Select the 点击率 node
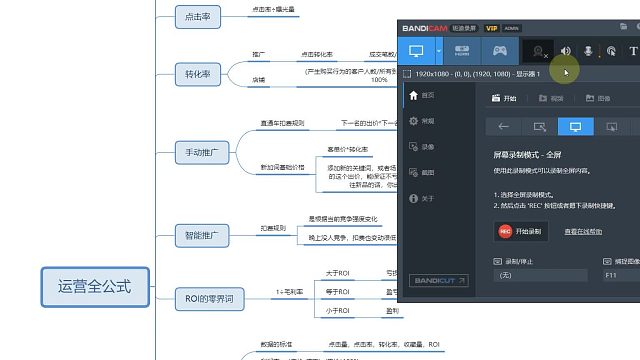click(192, 17)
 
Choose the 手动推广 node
click(202, 153)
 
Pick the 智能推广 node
click(202, 236)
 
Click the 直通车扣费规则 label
click(282, 123)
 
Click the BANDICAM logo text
click(427, 29)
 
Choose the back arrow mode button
click(504, 127)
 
